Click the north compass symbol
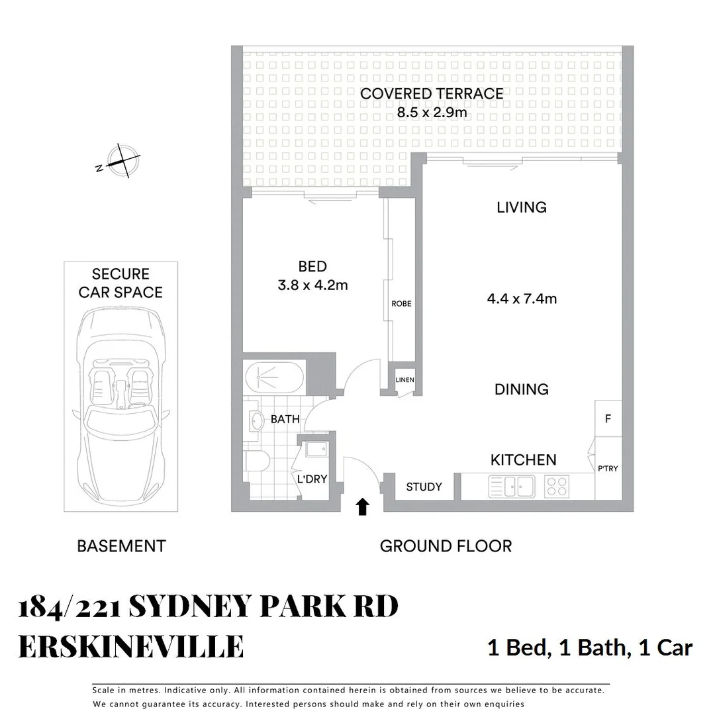[x=119, y=161]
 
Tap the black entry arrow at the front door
[x=362, y=507]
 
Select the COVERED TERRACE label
[x=432, y=94]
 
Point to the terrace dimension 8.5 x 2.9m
[x=432, y=112]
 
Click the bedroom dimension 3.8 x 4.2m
[x=312, y=285]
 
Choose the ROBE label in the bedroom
[x=401, y=304]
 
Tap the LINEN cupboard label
[x=405, y=380]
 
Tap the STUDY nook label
[x=424, y=487]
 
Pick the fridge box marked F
[x=608, y=418]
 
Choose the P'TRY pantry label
[x=608, y=469]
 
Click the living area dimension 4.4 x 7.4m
[x=522, y=299]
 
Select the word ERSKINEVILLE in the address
[x=131, y=647]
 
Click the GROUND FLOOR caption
[x=446, y=546]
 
